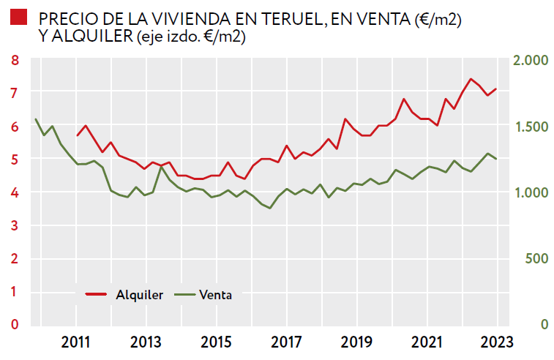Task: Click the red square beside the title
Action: pos(20,18)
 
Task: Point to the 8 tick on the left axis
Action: pos(15,60)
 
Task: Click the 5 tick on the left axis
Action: pos(15,160)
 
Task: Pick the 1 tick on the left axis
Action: pos(15,292)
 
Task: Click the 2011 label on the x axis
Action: pos(75,341)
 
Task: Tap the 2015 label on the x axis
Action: pos(216,341)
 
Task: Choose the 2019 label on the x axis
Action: pos(357,341)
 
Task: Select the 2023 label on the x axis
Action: pos(498,341)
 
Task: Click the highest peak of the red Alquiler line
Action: pos(471,79)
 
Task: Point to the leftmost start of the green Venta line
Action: pos(36,119)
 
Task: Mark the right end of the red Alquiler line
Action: pos(496,89)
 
